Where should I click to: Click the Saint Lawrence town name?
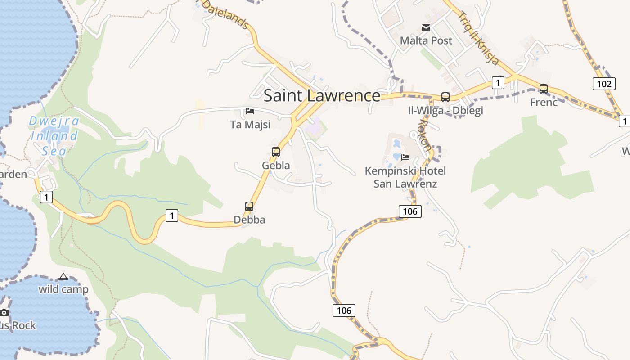pos(322,96)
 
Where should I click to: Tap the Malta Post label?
pos(426,40)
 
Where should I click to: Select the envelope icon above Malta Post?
pos(426,28)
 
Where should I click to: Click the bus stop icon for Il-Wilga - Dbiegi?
pos(445,97)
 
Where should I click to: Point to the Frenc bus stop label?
pos(544,102)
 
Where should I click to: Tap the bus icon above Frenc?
pos(544,89)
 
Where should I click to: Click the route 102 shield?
pos(603,84)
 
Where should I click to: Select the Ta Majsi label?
pos(250,125)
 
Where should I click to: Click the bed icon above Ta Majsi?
pos(250,111)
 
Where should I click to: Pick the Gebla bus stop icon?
pos(276,152)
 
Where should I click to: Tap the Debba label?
pos(249,220)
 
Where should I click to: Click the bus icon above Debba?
pos(249,207)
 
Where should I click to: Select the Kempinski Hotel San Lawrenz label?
pos(405,177)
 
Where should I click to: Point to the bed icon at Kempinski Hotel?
pos(405,157)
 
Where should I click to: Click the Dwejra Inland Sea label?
pos(54,136)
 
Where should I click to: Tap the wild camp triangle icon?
pos(63,276)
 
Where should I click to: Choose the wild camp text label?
pos(63,289)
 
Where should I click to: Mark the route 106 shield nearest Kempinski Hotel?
pos(409,211)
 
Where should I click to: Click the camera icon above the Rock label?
pos(4,312)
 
